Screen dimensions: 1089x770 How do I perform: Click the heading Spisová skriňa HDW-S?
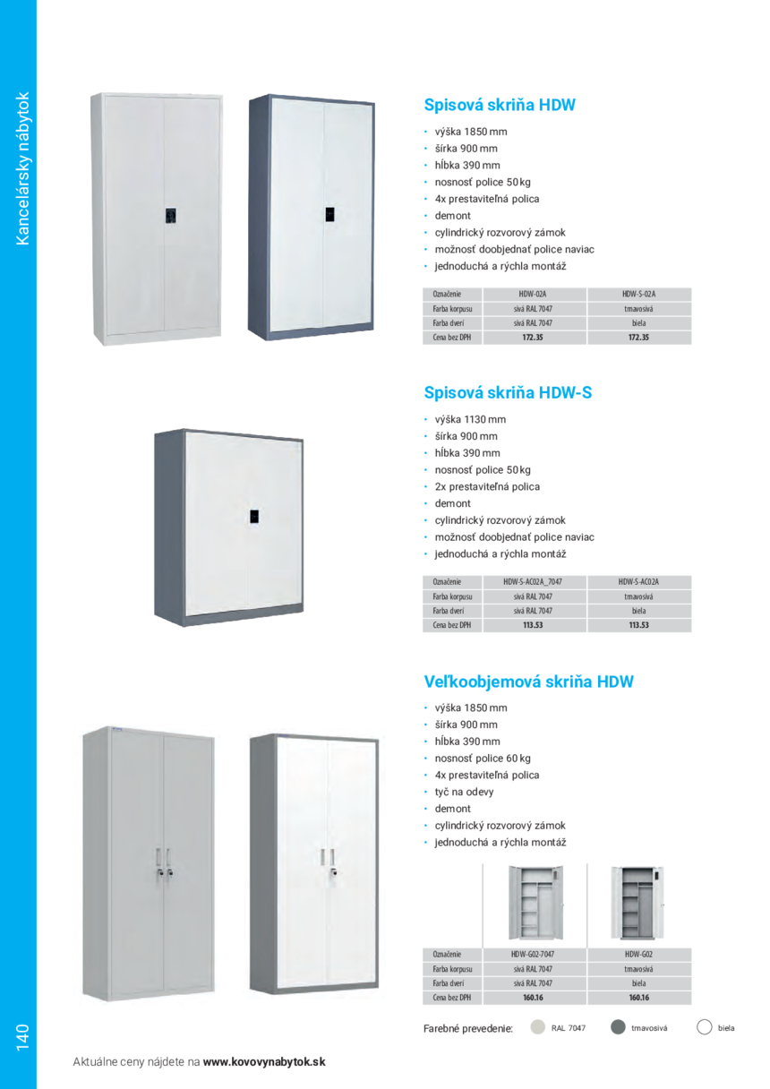tap(508, 393)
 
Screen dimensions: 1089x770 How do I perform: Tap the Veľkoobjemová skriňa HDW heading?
tap(528, 682)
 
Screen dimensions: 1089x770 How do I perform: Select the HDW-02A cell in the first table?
tap(533, 294)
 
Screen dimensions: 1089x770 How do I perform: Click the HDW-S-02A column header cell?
tap(638, 294)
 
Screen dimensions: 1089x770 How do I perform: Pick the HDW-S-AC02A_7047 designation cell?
tap(533, 581)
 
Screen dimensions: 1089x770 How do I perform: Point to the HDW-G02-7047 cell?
tap(533, 955)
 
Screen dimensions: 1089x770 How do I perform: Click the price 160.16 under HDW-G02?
tap(638, 997)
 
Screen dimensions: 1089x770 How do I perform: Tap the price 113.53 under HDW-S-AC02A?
tap(638, 625)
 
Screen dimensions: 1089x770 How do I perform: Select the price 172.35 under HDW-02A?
tap(533, 338)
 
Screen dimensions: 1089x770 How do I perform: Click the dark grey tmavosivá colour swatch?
tap(618, 1027)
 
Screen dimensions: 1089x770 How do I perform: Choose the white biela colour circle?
tap(705, 1027)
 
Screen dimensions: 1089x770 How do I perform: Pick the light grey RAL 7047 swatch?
tap(537, 1027)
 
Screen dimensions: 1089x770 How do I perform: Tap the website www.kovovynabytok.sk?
tap(264, 1062)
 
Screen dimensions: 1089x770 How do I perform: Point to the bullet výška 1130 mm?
tap(470, 419)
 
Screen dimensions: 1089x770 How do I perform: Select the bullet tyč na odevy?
tap(464, 792)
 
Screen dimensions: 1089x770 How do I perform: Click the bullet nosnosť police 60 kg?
tap(483, 759)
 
